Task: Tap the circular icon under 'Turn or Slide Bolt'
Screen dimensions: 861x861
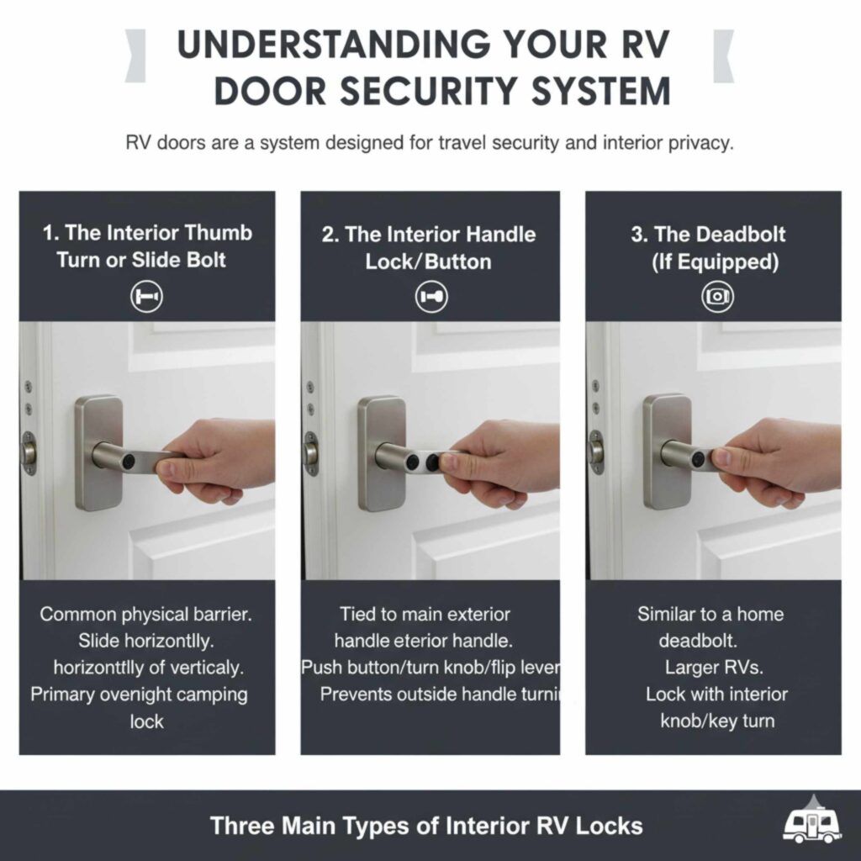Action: coord(146,296)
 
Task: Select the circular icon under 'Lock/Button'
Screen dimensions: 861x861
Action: coord(431,296)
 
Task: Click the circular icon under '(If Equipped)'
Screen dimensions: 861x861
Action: coord(717,296)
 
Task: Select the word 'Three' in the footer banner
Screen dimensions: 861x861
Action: coord(243,825)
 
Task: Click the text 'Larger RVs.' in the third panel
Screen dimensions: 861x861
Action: coord(703,668)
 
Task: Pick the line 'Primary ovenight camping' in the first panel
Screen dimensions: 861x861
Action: coord(139,695)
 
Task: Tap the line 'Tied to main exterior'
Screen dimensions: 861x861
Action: coord(425,614)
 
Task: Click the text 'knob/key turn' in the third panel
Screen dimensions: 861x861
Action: coord(716,721)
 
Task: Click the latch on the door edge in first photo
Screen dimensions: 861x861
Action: coord(29,451)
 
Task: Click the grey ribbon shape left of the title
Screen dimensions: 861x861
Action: coord(135,55)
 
